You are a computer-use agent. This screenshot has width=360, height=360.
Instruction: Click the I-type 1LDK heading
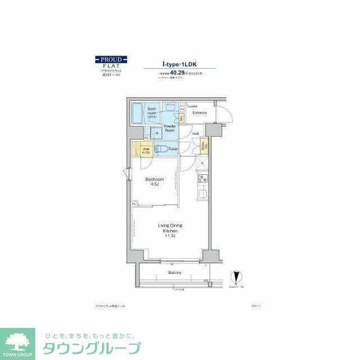pos(179,65)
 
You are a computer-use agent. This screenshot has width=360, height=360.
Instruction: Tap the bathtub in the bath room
pos(138,114)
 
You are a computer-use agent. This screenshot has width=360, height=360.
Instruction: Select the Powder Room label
pos(170,128)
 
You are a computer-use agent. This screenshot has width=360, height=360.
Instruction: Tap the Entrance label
pos(200,113)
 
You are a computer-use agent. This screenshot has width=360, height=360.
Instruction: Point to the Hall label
pos(195,133)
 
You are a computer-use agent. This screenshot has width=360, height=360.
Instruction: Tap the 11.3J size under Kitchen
pos(170,236)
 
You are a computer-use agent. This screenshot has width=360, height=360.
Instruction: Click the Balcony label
pos(174,273)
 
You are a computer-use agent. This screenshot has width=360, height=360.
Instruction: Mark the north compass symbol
pos(236,278)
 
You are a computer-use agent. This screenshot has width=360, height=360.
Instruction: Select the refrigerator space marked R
pos(201,164)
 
